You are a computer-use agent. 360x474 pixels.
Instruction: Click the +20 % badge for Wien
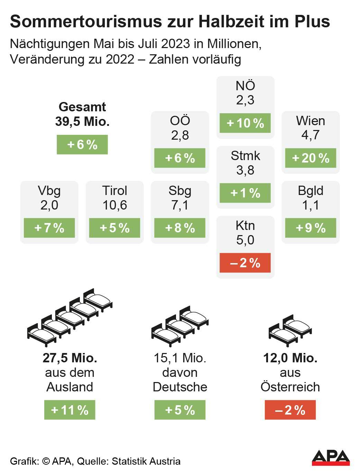tap(311, 158)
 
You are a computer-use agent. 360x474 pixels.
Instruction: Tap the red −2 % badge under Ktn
tap(245, 263)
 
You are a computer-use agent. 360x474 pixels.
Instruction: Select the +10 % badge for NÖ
tap(245, 123)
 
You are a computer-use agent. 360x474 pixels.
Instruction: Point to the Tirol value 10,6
tap(114, 205)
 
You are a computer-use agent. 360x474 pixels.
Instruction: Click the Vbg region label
tap(49, 190)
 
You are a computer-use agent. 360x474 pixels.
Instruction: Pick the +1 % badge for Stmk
tap(245, 193)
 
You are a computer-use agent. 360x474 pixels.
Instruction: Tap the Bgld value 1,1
tap(311, 205)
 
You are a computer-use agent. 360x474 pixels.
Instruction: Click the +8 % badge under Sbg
tap(180, 228)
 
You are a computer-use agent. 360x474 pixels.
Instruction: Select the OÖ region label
tap(180, 120)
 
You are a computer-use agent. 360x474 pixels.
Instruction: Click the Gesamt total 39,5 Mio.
tap(82, 121)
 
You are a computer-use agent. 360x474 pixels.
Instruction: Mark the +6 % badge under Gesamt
tap(82, 144)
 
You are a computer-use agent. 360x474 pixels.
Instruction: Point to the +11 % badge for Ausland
tap(70, 410)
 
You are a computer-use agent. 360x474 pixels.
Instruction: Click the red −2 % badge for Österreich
tap(290, 410)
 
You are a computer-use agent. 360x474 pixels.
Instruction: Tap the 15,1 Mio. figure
tap(180, 358)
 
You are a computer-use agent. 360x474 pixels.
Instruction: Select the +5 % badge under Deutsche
tap(180, 410)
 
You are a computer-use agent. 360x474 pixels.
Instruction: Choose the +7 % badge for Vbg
tap(49, 228)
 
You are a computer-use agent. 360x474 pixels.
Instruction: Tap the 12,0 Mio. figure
tap(290, 358)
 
